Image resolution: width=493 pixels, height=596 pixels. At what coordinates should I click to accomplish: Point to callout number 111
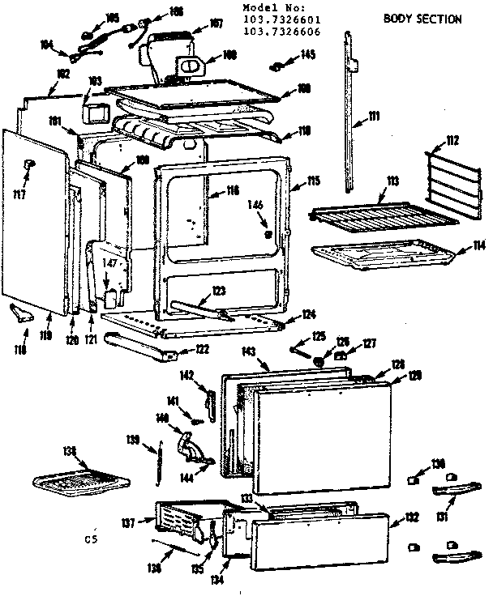(374, 117)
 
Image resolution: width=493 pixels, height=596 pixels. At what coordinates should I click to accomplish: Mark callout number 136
(153, 568)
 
